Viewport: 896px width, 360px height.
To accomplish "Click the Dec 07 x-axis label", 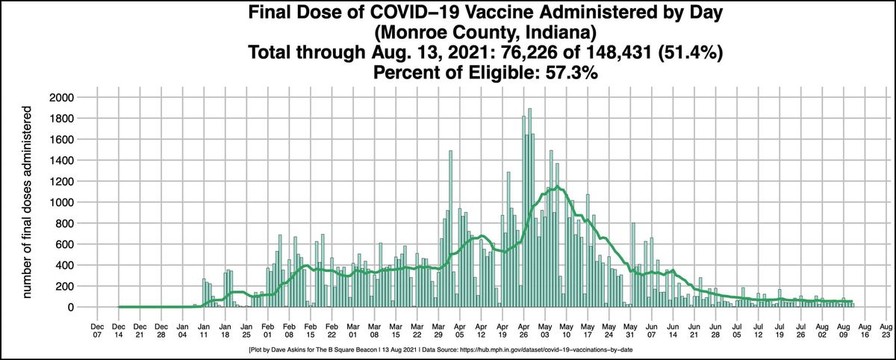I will (97, 330).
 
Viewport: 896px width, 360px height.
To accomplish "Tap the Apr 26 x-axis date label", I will (524, 330).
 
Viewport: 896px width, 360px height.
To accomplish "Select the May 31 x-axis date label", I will (630, 330).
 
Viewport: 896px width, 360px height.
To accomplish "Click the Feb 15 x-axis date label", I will (310, 330).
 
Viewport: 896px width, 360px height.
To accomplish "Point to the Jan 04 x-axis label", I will (182, 330).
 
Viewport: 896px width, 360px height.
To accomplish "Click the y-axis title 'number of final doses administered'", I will (28, 202).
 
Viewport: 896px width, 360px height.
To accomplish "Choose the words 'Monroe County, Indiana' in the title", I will (448, 34).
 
